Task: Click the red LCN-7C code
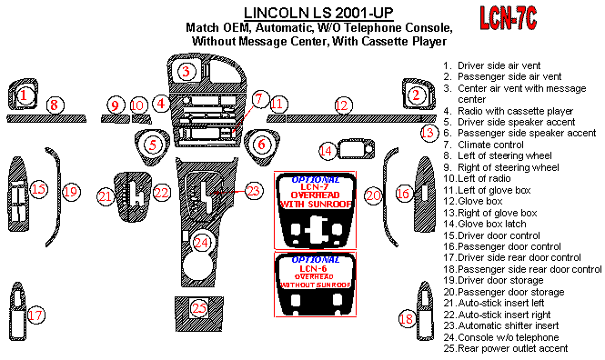509,18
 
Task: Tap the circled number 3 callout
187,71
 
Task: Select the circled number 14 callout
328,150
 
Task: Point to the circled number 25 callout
199,308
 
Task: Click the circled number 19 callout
71,192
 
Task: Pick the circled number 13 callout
428,133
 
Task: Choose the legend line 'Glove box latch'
485,224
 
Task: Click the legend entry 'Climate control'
483,145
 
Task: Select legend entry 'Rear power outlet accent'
506,348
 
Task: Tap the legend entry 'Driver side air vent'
492,65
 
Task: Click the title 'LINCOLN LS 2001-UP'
318,13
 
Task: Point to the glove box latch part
356,149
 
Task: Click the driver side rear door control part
17,312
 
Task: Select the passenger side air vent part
418,95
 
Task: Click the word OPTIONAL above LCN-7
315,180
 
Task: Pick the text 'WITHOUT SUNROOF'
316,285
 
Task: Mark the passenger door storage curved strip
389,197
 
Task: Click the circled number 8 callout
55,105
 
